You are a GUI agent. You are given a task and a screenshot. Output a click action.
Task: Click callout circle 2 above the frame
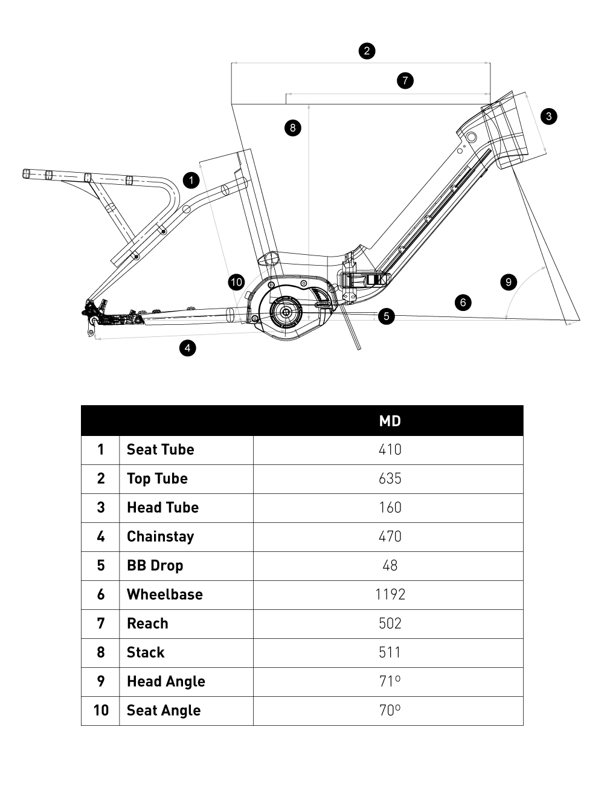tap(367, 51)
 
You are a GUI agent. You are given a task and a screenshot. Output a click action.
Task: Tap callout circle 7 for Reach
tap(405, 80)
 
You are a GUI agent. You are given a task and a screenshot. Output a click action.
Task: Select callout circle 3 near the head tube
tap(548, 117)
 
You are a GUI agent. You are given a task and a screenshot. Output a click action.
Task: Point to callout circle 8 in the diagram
tap(293, 127)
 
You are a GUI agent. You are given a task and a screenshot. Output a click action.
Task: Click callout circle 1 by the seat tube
tap(191, 180)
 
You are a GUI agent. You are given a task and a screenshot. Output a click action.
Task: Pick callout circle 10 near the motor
tap(236, 282)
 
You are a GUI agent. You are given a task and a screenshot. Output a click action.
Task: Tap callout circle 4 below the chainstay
tap(188, 348)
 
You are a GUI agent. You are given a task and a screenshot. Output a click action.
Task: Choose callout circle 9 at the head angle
tap(509, 281)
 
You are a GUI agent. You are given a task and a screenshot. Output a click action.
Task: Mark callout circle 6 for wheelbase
tap(463, 302)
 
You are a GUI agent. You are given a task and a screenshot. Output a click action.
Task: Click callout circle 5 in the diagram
tap(387, 315)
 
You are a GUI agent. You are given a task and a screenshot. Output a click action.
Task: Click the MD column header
tap(390, 421)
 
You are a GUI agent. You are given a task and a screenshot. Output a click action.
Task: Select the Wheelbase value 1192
tap(390, 595)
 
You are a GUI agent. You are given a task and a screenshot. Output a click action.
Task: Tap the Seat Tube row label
tap(161, 450)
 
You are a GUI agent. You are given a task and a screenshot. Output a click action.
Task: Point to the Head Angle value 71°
tap(390, 682)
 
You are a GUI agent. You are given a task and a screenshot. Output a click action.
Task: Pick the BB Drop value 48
tap(390, 566)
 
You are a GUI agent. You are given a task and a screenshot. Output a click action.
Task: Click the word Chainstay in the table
tap(161, 537)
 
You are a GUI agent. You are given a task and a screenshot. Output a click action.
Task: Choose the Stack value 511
tap(390, 653)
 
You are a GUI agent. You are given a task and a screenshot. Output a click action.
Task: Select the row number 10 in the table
tap(101, 711)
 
